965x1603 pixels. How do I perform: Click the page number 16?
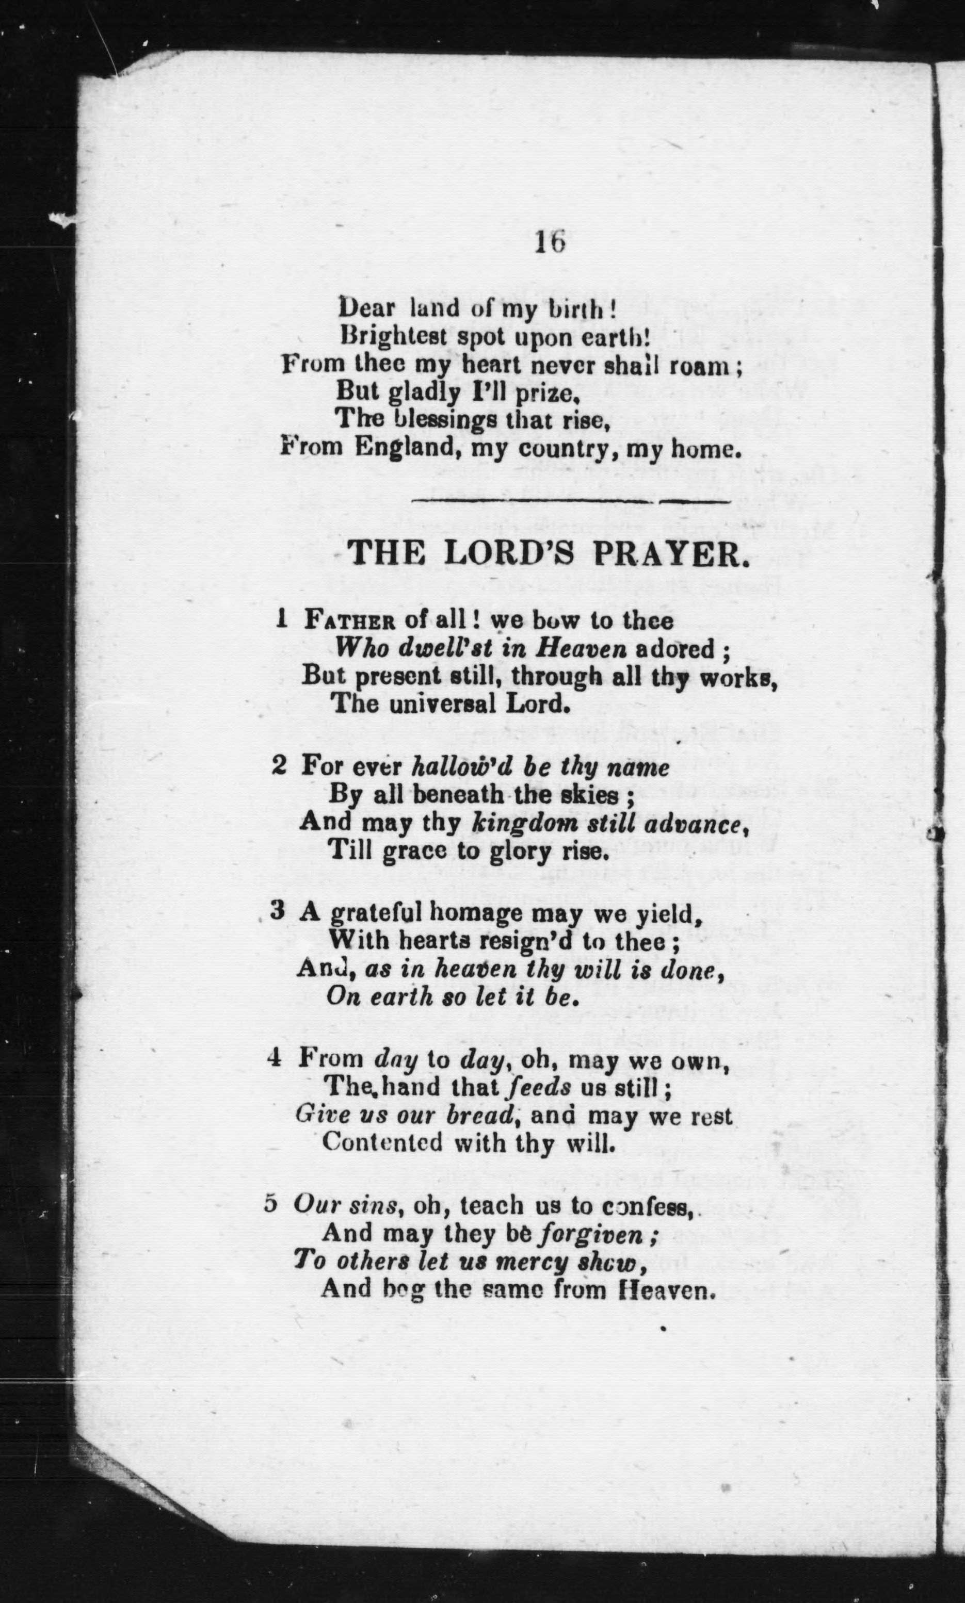(550, 242)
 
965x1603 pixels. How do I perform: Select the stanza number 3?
(278, 912)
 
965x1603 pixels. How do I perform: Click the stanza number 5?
(271, 1203)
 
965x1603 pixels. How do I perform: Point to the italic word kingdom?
(513, 824)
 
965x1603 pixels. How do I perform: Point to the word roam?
(707, 367)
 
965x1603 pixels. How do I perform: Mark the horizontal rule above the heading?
(570, 501)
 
